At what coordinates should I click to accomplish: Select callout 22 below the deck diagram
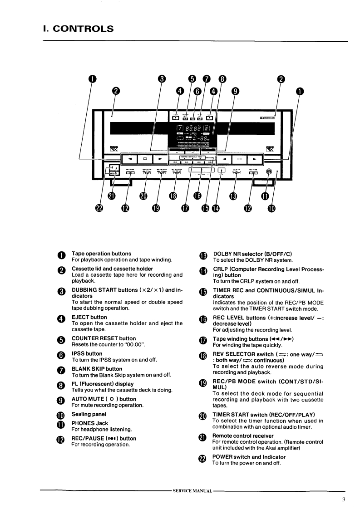click(x=99, y=208)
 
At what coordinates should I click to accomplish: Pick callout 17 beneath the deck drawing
click(x=185, y=208)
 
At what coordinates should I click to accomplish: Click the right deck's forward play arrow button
click(x=255, y=159)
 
